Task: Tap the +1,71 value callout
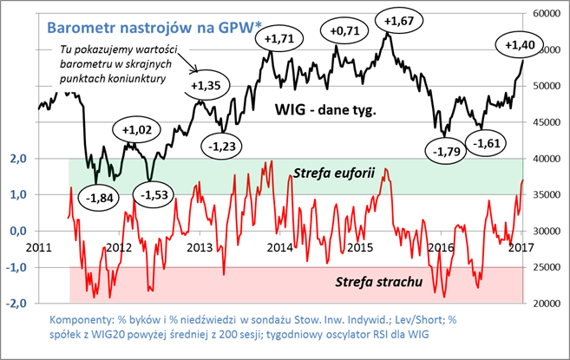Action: click(x=278, y=40)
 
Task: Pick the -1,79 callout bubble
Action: click(x=446, y=151)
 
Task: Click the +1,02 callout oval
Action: click(x=137, y=131)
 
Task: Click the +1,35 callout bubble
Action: click(x=206, y=86)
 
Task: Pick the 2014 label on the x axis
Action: click(x=279, y=247)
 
